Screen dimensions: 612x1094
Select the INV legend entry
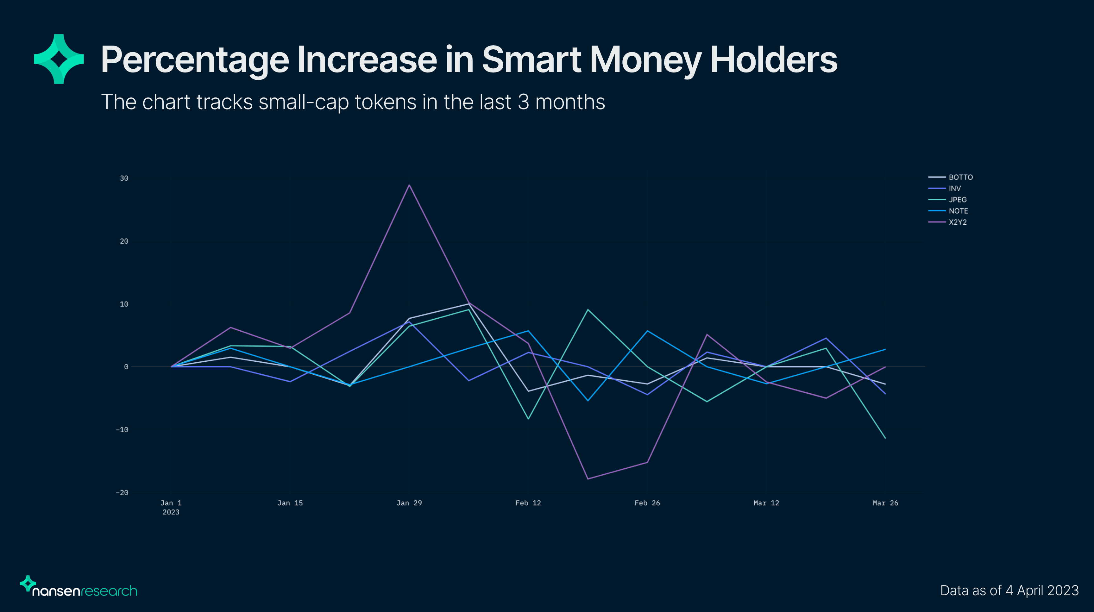955,188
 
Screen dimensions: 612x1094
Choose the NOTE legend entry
958,211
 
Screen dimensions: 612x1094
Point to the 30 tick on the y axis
124,178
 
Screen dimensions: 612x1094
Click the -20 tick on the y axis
122,493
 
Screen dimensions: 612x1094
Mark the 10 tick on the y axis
124,304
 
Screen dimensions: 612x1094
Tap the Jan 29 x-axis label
409,503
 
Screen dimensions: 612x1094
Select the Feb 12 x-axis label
528,503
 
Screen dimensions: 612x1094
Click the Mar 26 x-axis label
885,503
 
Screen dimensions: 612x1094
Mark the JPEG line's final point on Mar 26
885,438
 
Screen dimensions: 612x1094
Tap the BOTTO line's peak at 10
469,304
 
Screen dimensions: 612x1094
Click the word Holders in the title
773,60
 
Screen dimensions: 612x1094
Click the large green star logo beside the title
59,59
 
